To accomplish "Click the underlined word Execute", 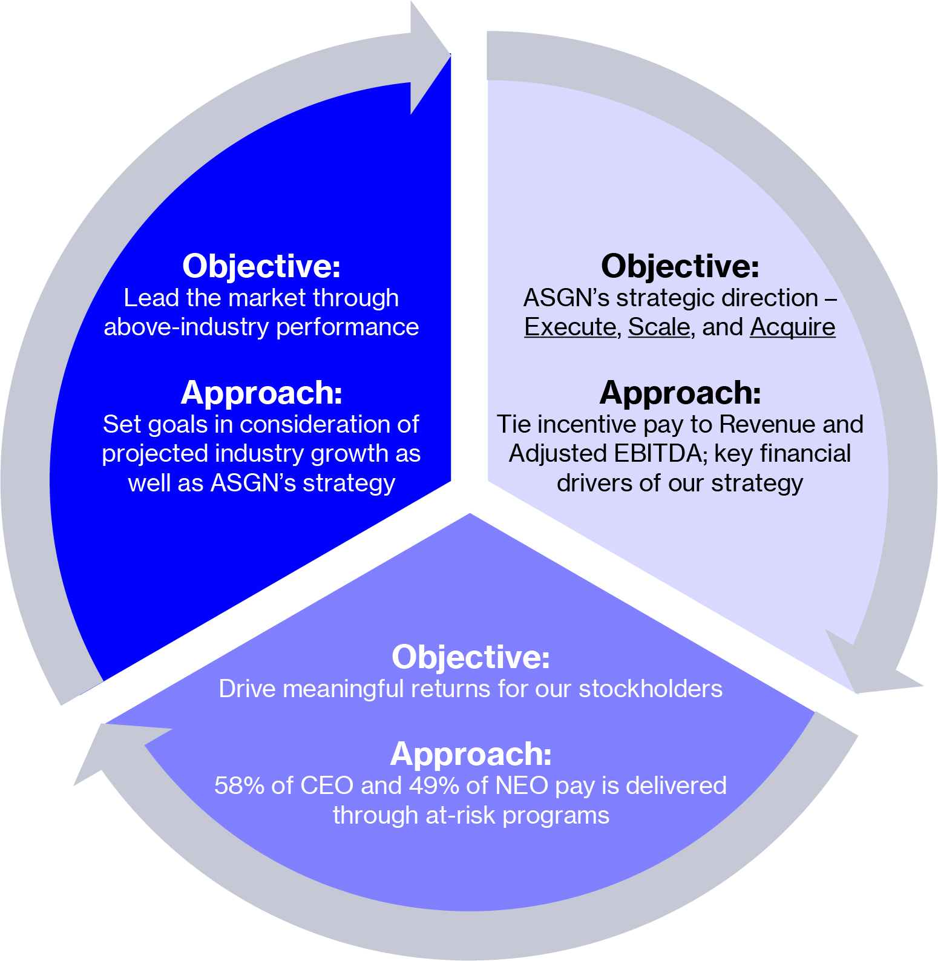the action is click(569, 327).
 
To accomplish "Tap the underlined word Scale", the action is click(658, 327).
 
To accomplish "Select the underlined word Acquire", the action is click(793, 327).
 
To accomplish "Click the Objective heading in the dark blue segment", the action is click(261, 266).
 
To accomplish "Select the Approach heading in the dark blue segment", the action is click(261, 393).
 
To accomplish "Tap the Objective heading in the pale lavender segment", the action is click(680, 266).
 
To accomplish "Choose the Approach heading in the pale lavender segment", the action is click(680, 393).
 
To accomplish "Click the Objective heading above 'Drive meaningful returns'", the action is click(471, 657).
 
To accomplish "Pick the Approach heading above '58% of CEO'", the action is click(471, 754).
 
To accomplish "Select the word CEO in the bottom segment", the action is click(327, 786).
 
